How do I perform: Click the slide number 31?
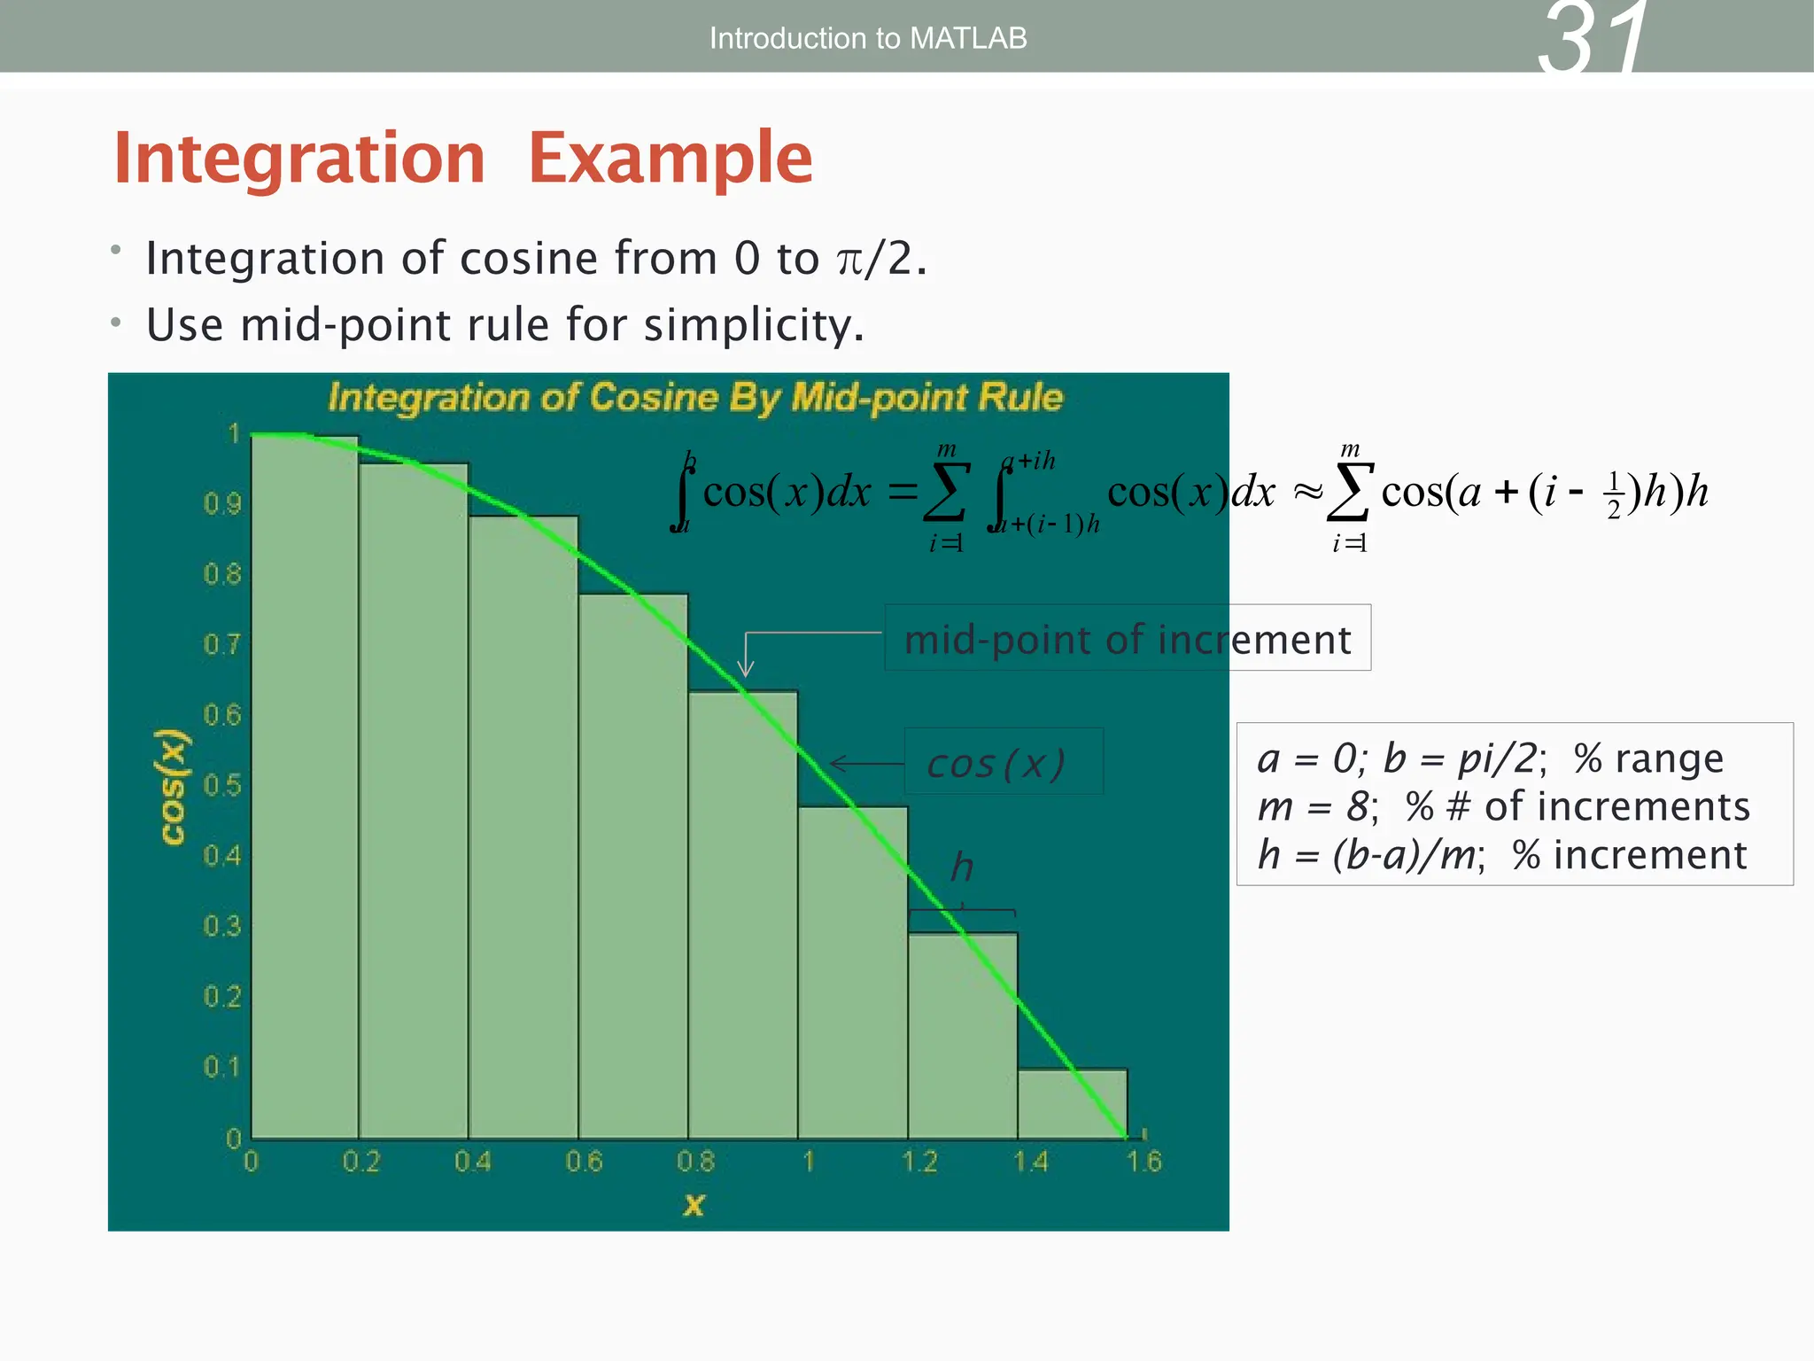pyautogui.click(x=1593, y=39)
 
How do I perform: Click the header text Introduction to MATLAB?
pyautogui.click(x=868, y=38)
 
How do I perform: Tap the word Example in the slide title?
pyautogui.click(x=671, y=158)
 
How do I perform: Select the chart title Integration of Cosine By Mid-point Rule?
pyautogui.click(x=695, y=397)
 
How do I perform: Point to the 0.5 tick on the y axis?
pyautogui.click(x=222, y=785)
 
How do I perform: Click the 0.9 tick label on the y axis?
pyautogui.click(x=222, y=504)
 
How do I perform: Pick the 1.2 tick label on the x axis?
pyautogui.click(x=919, y=1162)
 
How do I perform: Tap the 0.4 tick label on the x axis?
pyautogui.click(x=472, y=1162)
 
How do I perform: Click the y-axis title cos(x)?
pyautogui.click(x=173, y=787)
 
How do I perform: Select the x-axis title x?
pyautogui.click(x=694, y=1204)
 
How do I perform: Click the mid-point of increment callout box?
pyautogui.click(x=1128, y=638)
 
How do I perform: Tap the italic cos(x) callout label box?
pyautogui.click(x=1003, y=762)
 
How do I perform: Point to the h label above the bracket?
pyautogui.click(x=962, y=867)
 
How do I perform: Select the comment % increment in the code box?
pyautogui.click(x=1629, y=855)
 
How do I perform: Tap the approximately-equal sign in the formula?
pyautogui.click(x=1307, y=492)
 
